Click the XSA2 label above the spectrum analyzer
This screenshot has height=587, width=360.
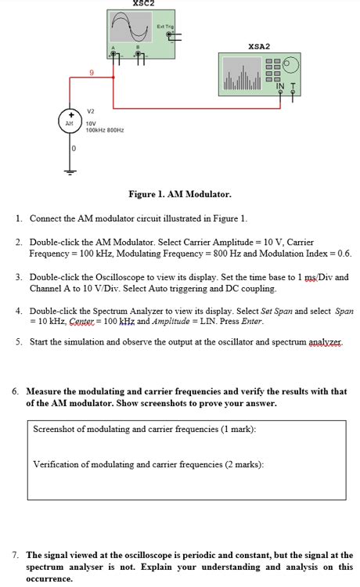pos(258,46)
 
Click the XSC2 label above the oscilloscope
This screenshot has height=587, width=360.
pos(143,4)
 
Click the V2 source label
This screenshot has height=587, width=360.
pos(90,110)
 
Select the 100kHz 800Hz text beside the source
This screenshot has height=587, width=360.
pos(105,130)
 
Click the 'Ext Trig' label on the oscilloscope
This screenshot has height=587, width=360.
pos(164,27)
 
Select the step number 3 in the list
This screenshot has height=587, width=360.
pos(18,278)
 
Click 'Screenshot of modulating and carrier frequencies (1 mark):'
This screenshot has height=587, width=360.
pos(145,429)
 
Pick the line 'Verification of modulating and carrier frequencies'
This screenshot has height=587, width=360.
pos(149,464)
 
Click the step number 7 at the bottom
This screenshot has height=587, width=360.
pos(16,555)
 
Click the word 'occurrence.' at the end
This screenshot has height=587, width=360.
pos(49,579)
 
